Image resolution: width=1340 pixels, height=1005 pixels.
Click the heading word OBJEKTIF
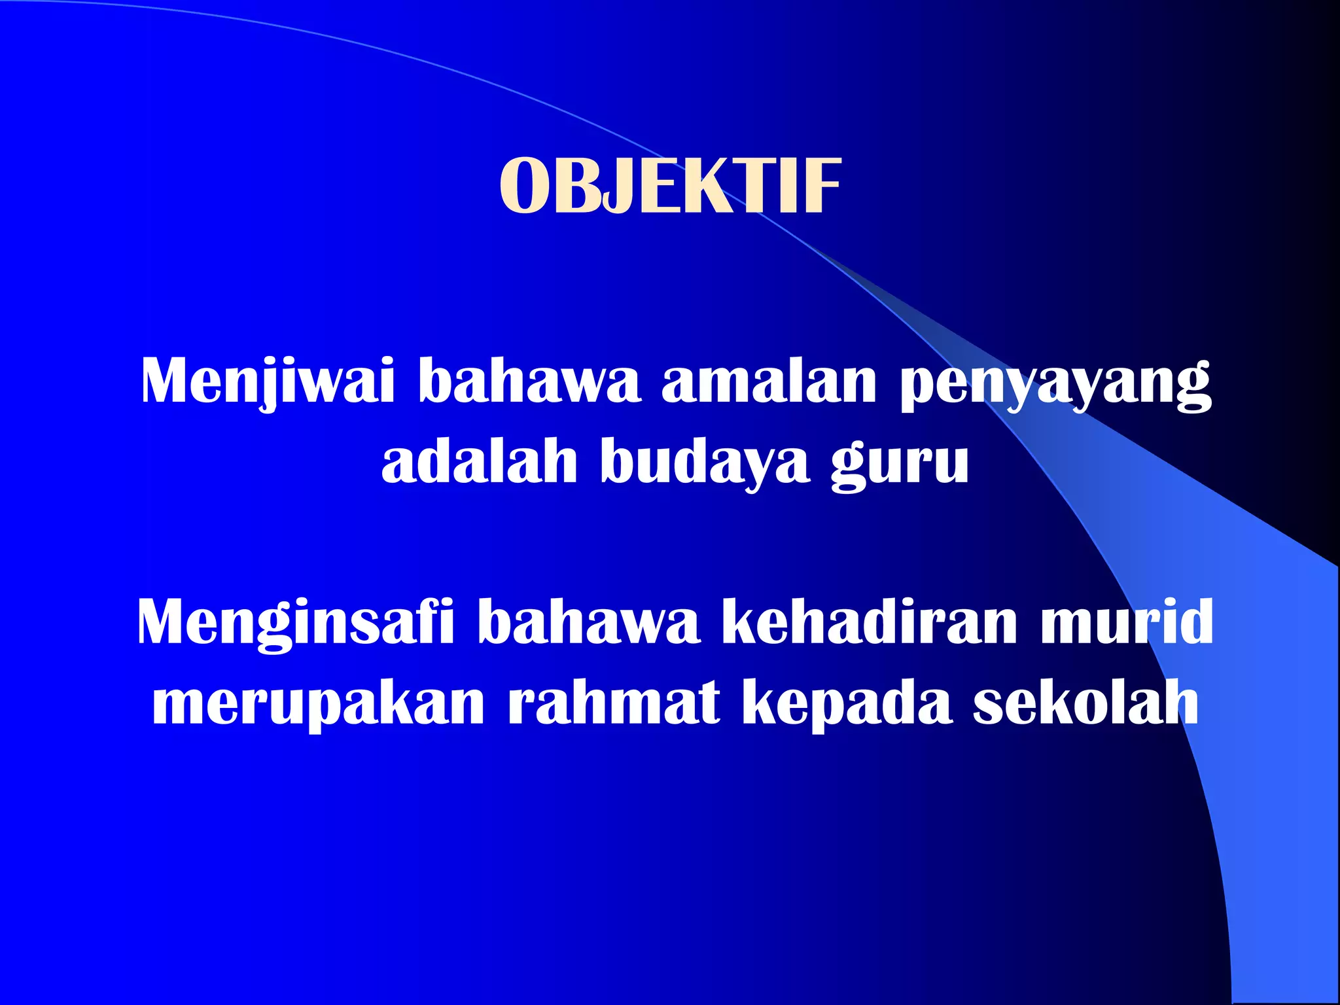(x=669, y=187)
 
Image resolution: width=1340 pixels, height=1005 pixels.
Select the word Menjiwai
(x=268, y=382)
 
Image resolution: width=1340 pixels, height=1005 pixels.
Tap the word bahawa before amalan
(x=529, y=382)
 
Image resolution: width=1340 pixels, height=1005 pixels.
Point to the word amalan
(x=769, y=382)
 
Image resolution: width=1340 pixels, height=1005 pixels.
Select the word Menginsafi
(x=295, y=624)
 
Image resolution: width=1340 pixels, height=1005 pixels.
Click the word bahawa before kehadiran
(x=589, y=622)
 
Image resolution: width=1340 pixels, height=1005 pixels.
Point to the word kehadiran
(x=870, y=622)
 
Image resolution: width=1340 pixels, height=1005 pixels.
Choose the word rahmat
(x=614, y=703)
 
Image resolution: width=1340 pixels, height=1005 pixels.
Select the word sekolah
(x=1086, y=703)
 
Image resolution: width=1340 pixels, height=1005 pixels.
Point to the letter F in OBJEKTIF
(x=822, y=187)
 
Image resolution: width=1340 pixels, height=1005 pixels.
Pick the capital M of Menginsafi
(x=164, y=622)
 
